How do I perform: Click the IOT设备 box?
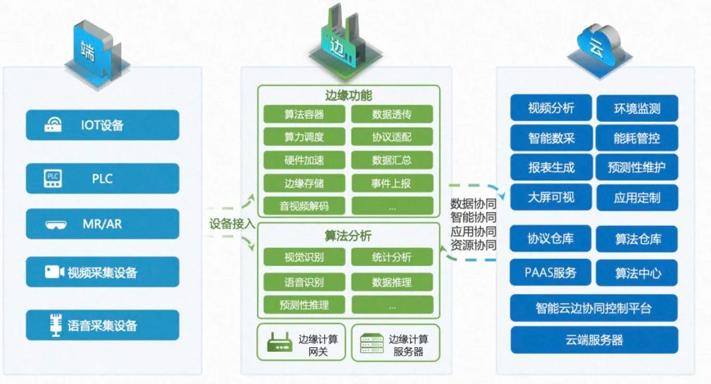pos(102,125)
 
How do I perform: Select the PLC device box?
pos(102,178)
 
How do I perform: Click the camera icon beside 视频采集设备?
pos(53,272)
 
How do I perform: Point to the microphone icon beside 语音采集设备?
pos(55,325)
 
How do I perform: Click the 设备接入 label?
pos(232,224)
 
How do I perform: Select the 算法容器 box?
pos(304,114)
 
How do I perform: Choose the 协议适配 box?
pos(392,137)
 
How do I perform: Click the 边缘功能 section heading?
pos(348,95)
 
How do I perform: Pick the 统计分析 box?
pos(392,257)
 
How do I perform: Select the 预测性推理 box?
pos(304,304)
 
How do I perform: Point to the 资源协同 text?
pos(473,245)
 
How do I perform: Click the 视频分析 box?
pos(551,108)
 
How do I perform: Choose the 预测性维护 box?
pos(637,167)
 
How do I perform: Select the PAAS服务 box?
pos(551,272)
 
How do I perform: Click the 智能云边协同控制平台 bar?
pos(594,308)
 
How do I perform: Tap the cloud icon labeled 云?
pos(599,44)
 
